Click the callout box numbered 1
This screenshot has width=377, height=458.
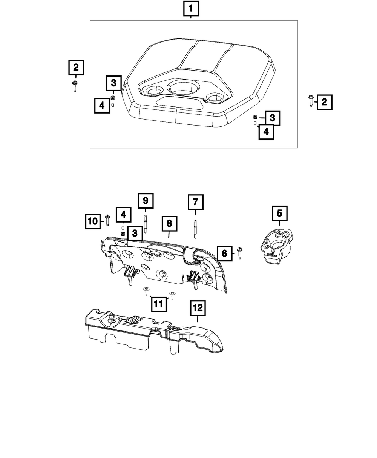point(190,9)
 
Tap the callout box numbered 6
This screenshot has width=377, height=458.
point(225,253)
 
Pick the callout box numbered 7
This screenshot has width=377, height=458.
point(195,202)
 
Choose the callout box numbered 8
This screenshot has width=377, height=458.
point(169,224)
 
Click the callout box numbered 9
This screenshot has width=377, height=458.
point(146,201)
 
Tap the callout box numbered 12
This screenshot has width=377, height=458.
point(198,308)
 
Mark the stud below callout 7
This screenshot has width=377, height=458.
point(195,229)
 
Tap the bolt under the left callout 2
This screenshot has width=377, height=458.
point(75,86)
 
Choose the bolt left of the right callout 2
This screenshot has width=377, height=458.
point(311,101)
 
